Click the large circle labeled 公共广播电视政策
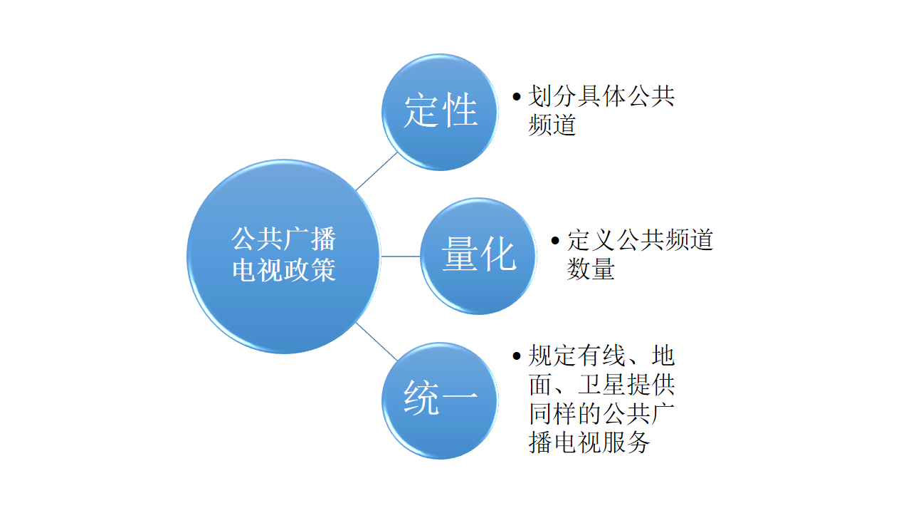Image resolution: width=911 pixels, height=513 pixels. pos(284,256)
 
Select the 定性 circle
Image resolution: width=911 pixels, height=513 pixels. pos(440,112)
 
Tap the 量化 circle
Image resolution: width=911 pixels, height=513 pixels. pos(478,256)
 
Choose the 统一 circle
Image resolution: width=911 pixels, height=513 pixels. pos(440,400)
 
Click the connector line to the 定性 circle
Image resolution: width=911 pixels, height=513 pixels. pos(376,172)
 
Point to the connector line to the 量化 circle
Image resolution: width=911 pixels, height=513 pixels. pos(401,256)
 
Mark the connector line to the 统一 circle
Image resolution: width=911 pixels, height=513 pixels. pos(376,341)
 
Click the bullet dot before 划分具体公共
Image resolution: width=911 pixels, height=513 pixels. pos(517,96)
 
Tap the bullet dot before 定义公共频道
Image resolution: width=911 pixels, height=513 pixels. pos(555,241)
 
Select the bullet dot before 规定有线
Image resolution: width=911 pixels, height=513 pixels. pos(517,356)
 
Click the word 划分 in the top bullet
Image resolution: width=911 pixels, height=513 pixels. pos(552,96)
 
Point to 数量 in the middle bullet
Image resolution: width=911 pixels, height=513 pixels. pos(591,269)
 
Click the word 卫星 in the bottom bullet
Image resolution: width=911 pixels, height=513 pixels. pos(602,385)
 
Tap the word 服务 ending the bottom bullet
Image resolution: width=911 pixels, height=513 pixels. pos(626,442)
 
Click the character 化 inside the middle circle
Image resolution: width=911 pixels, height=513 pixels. pos(499,254)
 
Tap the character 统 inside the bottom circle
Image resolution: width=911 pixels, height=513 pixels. pos(421,398)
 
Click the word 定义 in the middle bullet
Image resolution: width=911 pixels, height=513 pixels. pos(591,240)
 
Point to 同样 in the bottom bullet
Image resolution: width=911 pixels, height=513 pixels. pos(552,414)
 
